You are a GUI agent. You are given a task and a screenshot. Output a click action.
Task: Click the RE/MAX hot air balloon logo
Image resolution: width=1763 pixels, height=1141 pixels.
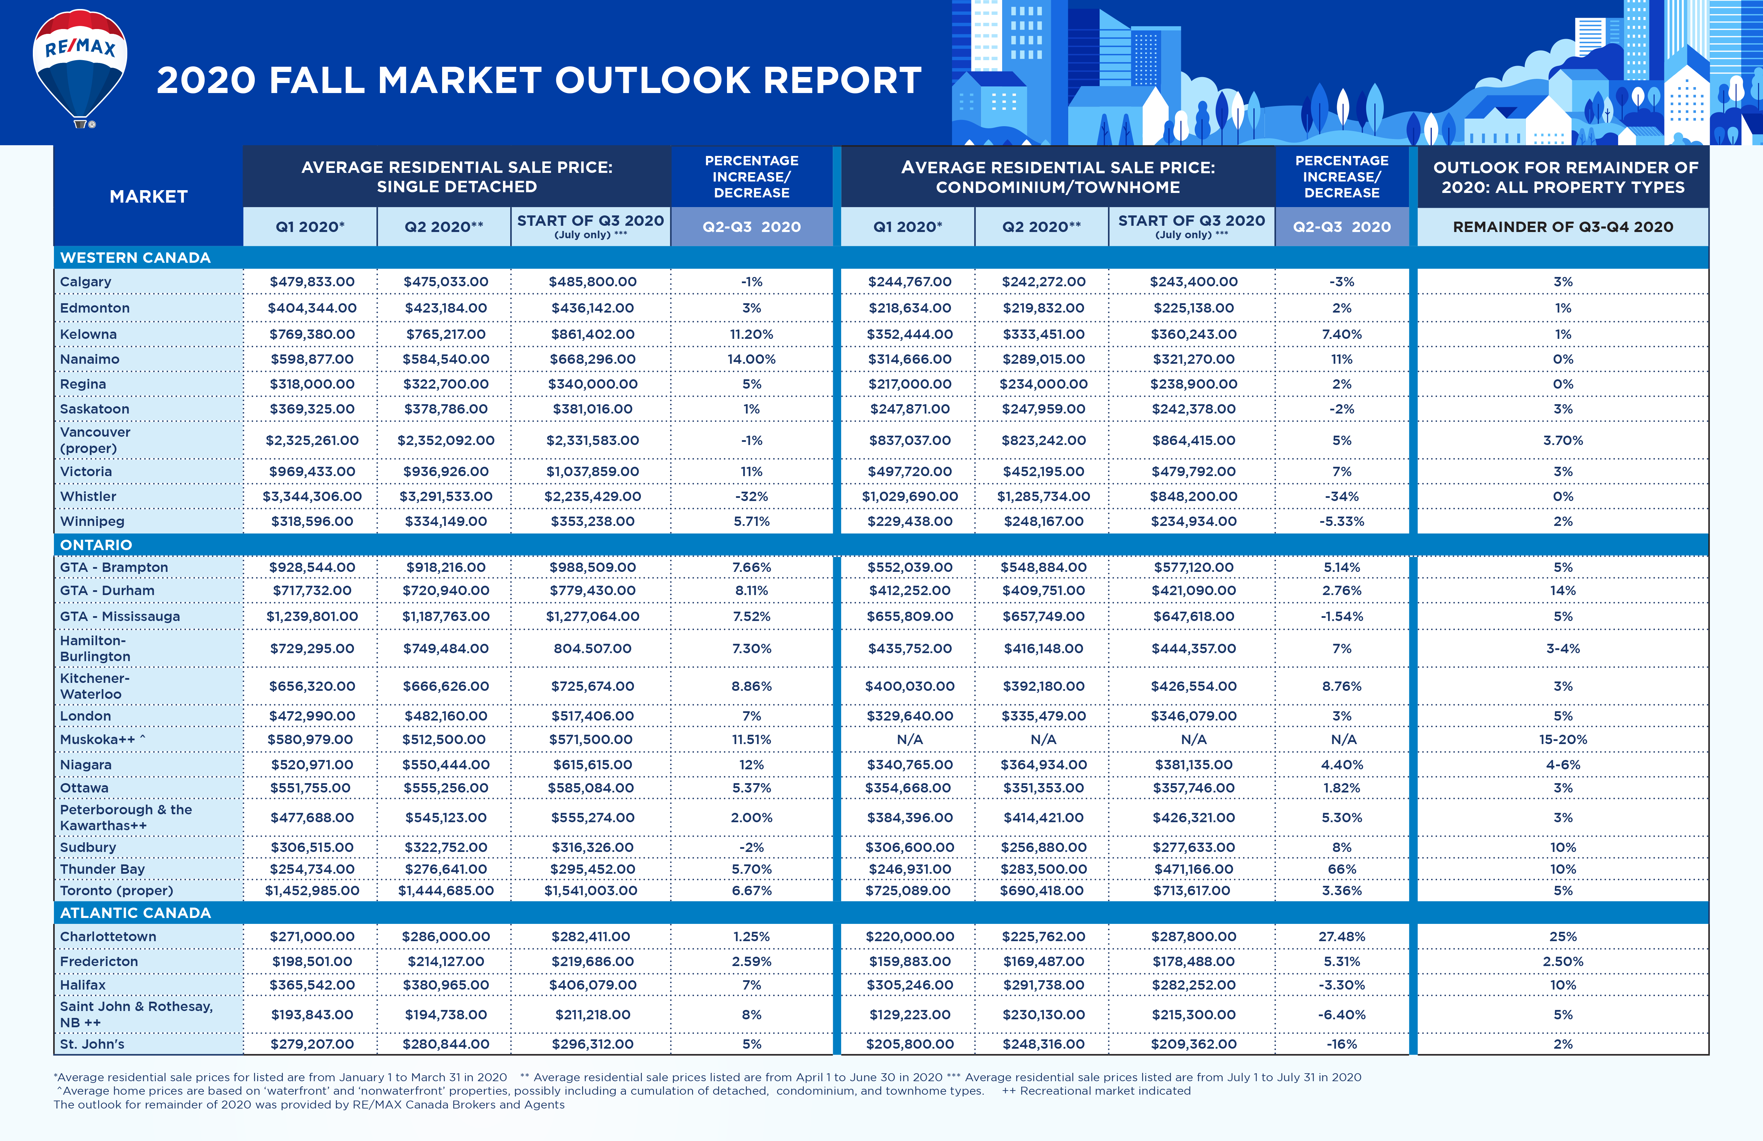pyautogui.click(x=80, y=67)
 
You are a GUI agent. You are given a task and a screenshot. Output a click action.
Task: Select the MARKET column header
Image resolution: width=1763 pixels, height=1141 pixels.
pyautogui.click(x=148, y=196)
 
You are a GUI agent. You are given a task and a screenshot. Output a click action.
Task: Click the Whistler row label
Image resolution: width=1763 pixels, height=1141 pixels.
pyautogui.click(x=88, y=497)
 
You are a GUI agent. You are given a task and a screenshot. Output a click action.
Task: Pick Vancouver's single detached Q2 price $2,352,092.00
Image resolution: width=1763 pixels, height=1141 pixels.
pyautogui.click(x=445, y=440)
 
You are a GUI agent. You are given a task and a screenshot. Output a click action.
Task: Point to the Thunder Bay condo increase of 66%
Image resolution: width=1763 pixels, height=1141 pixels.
pyautogui.click(x=1342, y=869)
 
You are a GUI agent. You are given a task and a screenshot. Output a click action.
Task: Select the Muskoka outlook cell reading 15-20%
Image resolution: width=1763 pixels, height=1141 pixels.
pyautogui.click(x=1562, y=740)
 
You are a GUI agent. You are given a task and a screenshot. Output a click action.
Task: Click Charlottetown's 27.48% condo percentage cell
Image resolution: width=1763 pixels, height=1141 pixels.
pyautogui.click(x=1342, y=937)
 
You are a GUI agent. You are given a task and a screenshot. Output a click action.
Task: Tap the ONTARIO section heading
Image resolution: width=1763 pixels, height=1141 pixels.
pyautogui.click(x=96, y=545)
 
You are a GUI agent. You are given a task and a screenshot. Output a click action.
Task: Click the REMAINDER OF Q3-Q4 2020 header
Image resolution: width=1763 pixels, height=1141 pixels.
pyautogui.click(x=1562, y=227)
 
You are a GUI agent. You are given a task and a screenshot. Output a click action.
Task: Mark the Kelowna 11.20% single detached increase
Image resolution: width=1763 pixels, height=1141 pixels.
pyautogui.click(x=751, y=334)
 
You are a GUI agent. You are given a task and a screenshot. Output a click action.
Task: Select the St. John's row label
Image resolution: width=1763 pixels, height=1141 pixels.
pyautogui.click(x=92, y=1044)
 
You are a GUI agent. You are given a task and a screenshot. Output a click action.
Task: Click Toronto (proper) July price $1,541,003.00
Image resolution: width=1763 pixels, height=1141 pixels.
pyautogui.click(x=590, y=891)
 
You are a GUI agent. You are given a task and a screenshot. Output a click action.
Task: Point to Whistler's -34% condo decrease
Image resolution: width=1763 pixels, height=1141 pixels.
pyautogui.click(x=1342, y=497)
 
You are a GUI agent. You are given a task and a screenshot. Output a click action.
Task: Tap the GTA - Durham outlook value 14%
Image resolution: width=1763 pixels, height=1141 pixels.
pyautogui.click(x=1562, y=591)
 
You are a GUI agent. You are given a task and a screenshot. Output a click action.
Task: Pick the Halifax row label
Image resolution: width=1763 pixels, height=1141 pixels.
pyautogui.click(x=83, y=985)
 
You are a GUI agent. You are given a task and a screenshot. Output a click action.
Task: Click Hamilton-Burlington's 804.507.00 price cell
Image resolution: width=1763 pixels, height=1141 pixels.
pyautogui.click(x=592, y=648)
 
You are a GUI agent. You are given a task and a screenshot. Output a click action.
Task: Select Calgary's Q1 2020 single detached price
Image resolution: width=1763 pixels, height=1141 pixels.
pyautogui.click(x=312, y=281)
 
